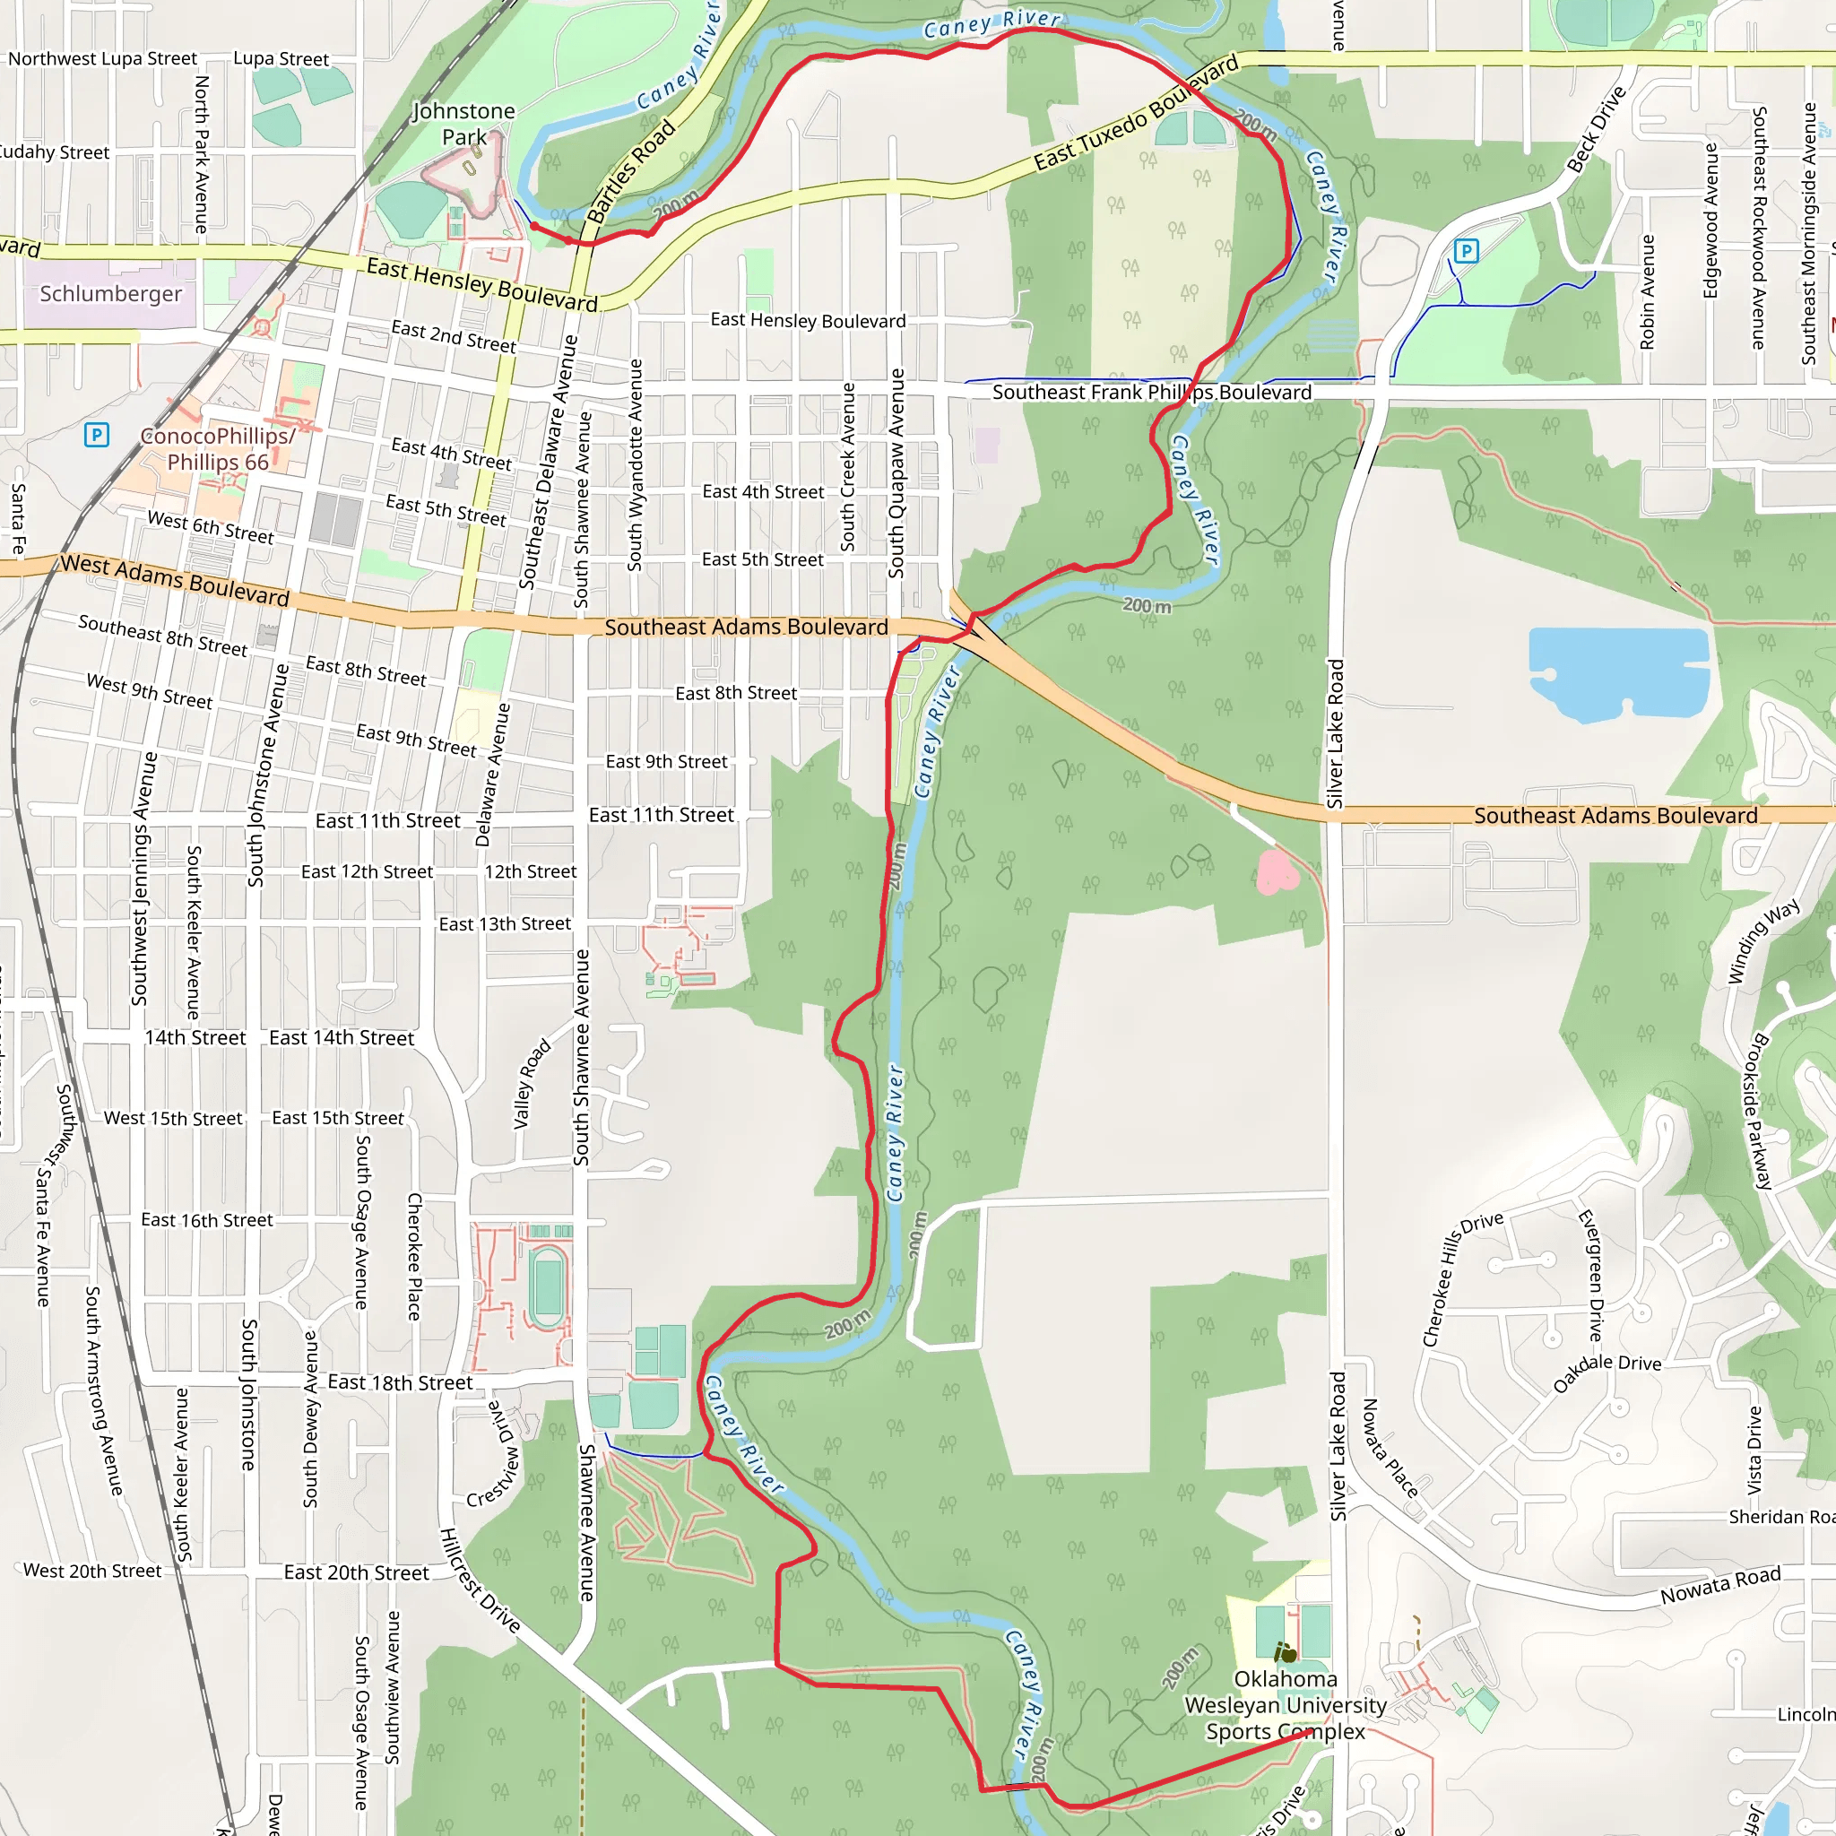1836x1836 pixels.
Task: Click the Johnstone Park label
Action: pyautogui.click(x=463, y=125)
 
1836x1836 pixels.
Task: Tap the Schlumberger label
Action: pyautogui.click(x=110, y=294)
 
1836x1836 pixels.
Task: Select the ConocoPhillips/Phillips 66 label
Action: pyautogui.click(x=218, y=448)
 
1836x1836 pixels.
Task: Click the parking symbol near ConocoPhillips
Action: pyautogui.click(x=96, y=435)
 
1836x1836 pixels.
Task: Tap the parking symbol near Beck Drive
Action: pyautogui.click(x=1467, y=251)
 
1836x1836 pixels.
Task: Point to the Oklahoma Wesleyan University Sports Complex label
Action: pyautogui.click(x=1285, y=1705)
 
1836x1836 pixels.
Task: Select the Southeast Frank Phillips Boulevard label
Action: pyautogui.click(x=1152, y=393)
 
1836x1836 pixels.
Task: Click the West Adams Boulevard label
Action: pyautogui.click(x=175, y=580)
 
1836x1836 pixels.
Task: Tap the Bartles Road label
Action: pyautogui.click(x=631, y=171)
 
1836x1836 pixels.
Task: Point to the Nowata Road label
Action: pyautogui.click(x=1720, y=1584)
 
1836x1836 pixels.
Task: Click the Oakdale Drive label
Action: pyautogui.click(x=1607, y=1373)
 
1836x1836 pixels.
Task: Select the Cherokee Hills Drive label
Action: pyautogui.click(x=1461, y=1279)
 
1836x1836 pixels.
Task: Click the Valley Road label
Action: pyautogui.click(x=532, y=1083)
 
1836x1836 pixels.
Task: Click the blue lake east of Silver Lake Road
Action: pyautogui.click(x=1615, y=671)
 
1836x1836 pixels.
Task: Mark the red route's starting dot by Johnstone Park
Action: pyautogui.click(x=534, y=226)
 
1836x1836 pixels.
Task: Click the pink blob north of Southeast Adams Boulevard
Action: pyautogui.click(x=1276, y=871)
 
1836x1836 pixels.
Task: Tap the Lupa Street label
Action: pyautogui.click(x=281, y=59)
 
